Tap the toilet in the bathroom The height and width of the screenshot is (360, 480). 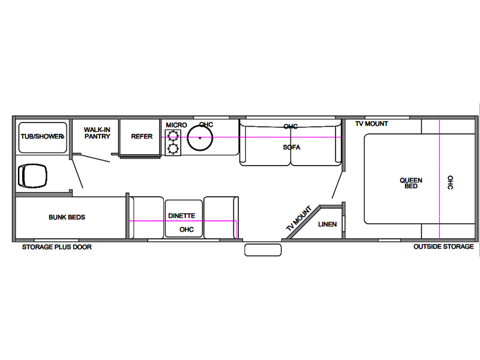32,176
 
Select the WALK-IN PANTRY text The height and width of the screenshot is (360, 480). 97,133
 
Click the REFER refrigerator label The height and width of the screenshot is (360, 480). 142,137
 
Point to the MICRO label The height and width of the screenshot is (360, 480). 176,125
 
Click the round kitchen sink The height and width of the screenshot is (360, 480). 200,138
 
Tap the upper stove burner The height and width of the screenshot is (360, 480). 173,135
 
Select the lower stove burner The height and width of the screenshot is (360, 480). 173,149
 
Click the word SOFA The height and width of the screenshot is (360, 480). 292,147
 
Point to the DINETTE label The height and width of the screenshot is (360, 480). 182,216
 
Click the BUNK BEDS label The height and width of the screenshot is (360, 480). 67,217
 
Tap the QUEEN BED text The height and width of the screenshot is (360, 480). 411,183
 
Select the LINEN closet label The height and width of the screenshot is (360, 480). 327,224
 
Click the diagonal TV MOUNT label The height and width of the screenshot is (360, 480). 299,218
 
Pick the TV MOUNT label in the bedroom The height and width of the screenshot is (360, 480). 371,124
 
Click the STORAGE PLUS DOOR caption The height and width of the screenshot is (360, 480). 57,247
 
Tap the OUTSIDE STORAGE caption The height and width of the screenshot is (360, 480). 443,247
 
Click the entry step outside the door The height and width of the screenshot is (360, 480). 263,250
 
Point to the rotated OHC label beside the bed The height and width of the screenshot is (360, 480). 451,182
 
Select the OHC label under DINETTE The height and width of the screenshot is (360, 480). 187,230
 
